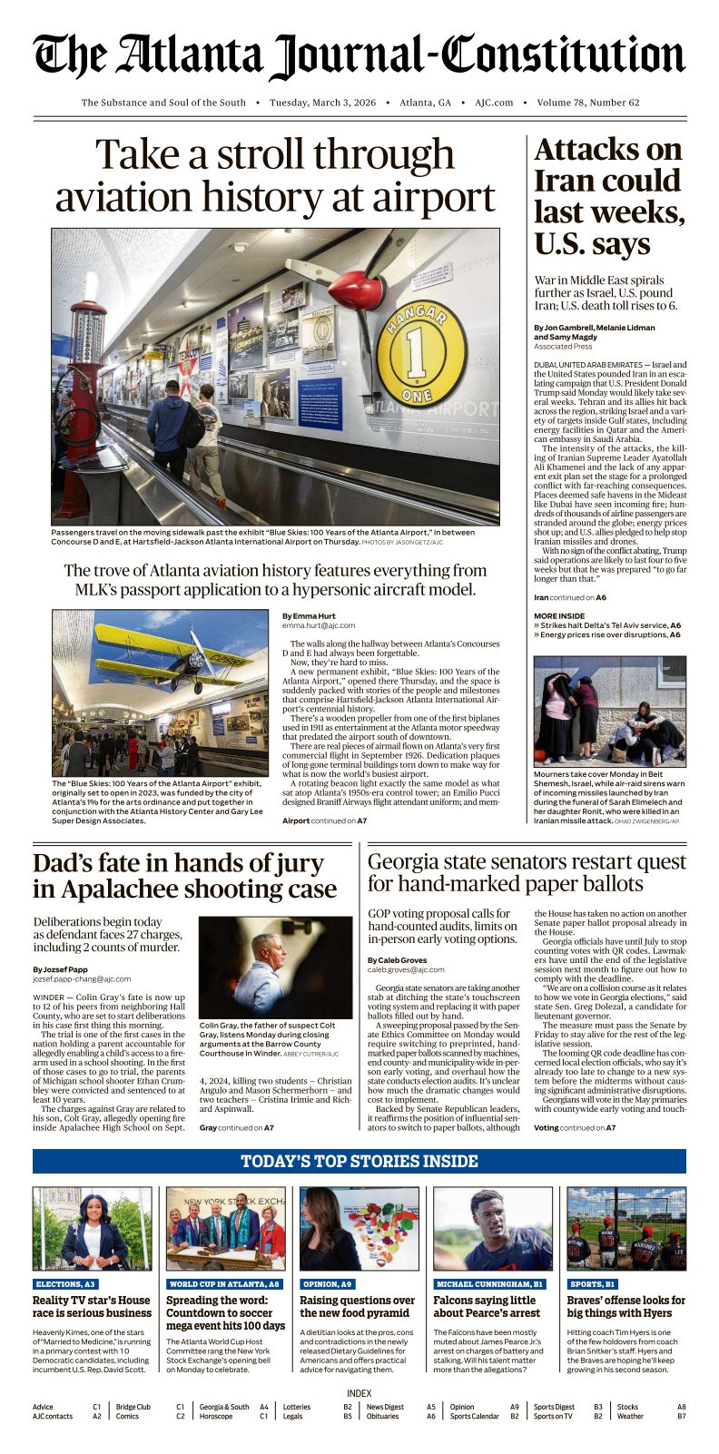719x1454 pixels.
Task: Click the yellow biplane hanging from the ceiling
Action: (x=172, y=652)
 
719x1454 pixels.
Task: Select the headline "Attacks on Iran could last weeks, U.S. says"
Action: (x=608, y=197)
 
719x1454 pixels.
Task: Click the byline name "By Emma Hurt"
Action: (x=309, y=616)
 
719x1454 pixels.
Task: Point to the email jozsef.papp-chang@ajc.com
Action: (x=82, y=979)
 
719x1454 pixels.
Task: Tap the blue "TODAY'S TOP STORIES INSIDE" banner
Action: (x=359, y=1162)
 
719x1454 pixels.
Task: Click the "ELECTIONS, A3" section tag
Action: (x=65, y=1284)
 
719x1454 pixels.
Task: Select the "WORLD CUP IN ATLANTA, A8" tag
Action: (x=224, y=1284)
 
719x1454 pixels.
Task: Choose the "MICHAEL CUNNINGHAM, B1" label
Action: (x=489, y=1284)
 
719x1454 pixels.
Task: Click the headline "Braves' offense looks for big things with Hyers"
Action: (x=626, y=1307)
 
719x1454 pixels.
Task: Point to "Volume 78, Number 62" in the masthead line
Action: (x=588, y=103)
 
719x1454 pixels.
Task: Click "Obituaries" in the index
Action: (x=382, y=1416)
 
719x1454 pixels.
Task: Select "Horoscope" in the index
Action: (x=218, y=1416)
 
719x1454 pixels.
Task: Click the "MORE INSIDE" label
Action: (x=559, y=615)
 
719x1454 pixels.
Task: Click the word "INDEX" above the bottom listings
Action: (x=359, y=1393)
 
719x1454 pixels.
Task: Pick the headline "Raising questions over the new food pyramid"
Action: (x=358, y=1307)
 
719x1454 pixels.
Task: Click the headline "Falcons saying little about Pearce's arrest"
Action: (x=485, y=1307)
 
